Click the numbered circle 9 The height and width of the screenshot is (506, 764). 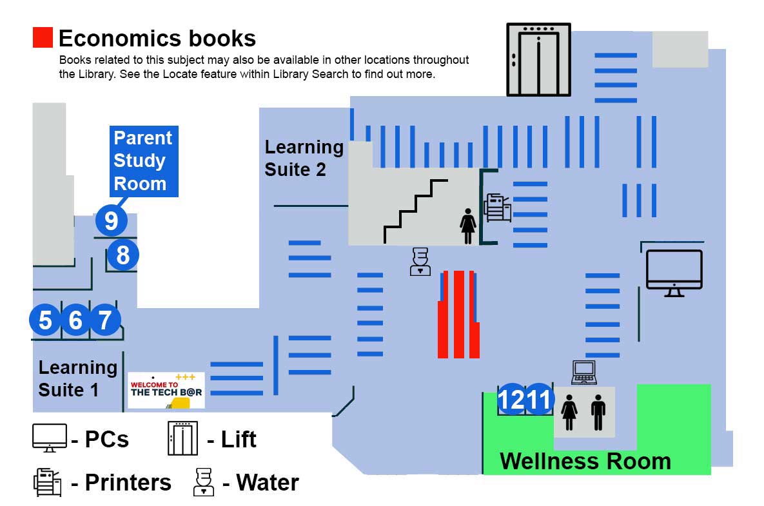click(112, 220)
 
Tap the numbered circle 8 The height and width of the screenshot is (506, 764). click(122, 255)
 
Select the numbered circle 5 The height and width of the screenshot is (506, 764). click(45, 320)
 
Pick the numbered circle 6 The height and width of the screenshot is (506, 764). click(75, 320)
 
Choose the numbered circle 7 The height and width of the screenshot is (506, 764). click(105, 320)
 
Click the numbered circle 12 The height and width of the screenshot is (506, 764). click(513, 400)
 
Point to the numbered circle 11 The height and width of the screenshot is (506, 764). click(539, 400)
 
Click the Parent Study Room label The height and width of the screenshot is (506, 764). click(143, 161)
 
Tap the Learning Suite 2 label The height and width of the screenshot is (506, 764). click(304, 158)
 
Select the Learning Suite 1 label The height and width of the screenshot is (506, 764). click(77, 378)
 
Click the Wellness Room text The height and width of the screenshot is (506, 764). click(585, 461)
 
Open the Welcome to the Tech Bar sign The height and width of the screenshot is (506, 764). click(166, 390)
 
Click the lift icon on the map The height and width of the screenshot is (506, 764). click(538, 59)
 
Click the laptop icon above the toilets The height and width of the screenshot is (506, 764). click(584, 372)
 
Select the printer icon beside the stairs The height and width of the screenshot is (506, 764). click(497, 207)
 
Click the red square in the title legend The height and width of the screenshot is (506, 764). click(43, 37)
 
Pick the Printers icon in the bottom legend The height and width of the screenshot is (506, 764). click(46, 482)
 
